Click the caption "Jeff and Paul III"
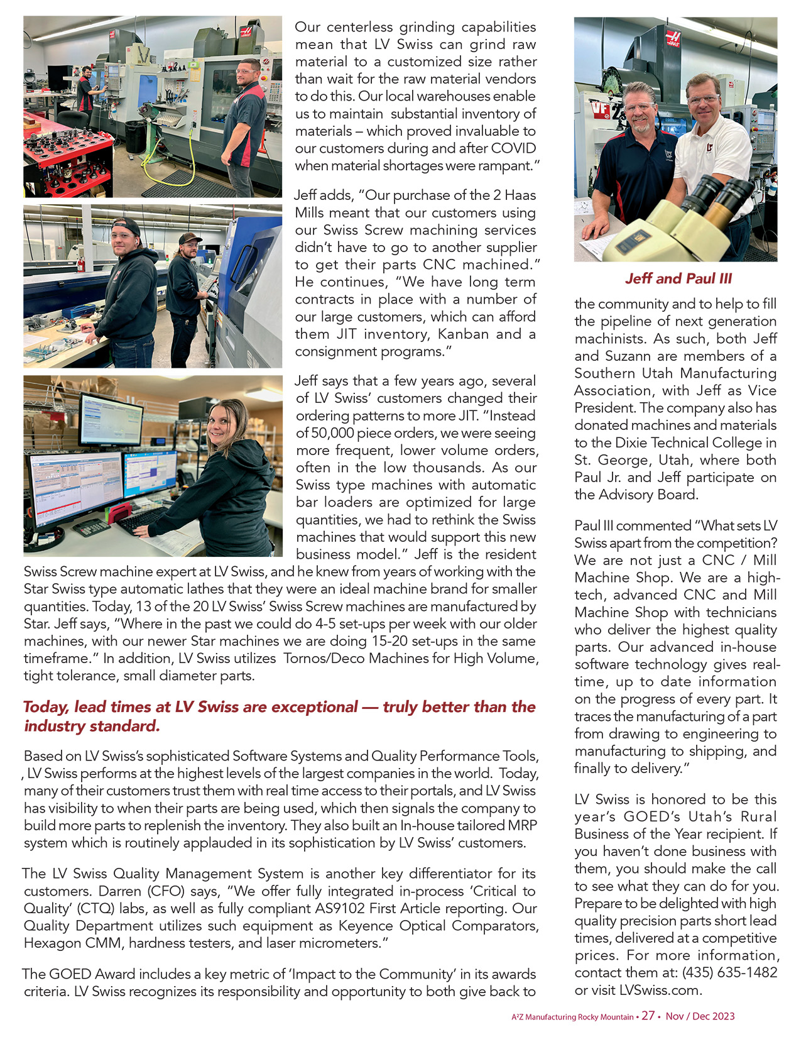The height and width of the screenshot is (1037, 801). tap(678, 278)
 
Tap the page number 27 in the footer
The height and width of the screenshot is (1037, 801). tap(648, 1016)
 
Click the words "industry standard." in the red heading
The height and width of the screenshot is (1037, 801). tap(92, 726)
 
